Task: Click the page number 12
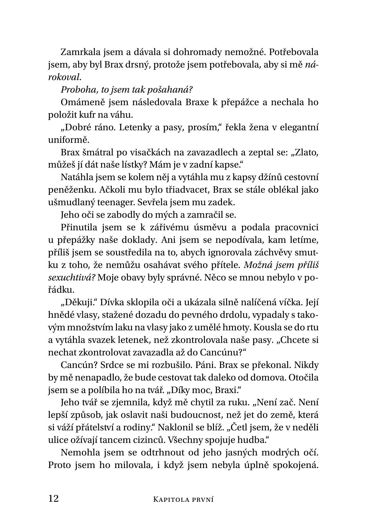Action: click(53, 499)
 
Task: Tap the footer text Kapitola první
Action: click(184, 499)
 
